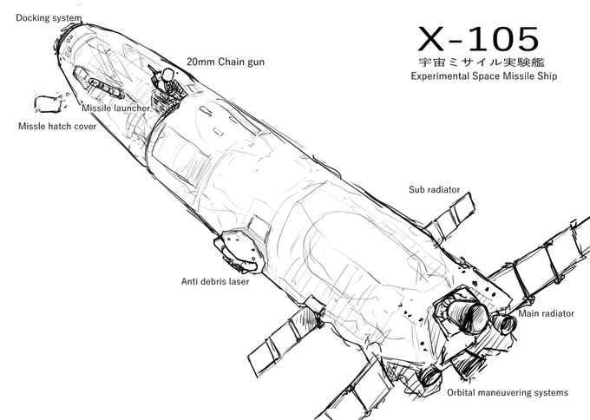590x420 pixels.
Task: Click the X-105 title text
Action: click(x=478, y=39)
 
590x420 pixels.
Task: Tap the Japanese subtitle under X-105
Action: click(x=482, y=62)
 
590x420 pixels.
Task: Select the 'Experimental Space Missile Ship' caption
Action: click(x=483, y=76)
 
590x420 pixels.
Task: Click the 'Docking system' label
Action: click(x=49, y=17)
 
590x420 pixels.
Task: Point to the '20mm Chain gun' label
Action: click(x=226, y=62)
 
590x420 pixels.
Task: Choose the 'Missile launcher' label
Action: click(x=116, y=108)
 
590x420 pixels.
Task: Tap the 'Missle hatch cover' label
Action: click(x=57, y=126)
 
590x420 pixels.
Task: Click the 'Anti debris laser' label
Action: click(x=215, y=281)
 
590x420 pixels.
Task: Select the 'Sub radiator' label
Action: click(x=434, y=189)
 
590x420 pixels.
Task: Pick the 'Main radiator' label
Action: click(x=547, y=313)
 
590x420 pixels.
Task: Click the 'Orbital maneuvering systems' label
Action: click(x=508, y=392)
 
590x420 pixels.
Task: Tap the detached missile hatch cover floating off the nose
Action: click(x=48, y=104)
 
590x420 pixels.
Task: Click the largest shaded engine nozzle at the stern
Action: click(x=468, y=314)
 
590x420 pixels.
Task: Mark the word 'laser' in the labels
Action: click(x=239, y=281)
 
